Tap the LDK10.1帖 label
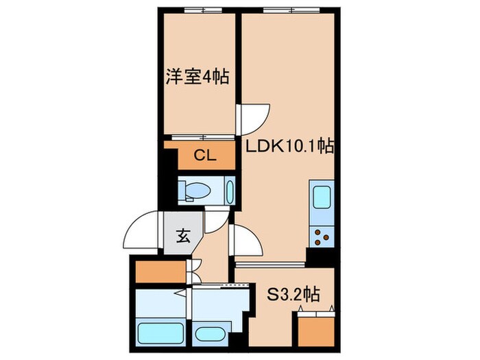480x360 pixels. [289, 145]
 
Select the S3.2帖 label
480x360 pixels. [293, 295]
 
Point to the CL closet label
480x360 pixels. [204, 156]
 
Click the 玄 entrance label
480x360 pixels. [183, 238]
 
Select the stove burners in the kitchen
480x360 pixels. [321, 237]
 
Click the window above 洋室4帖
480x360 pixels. [203, 10]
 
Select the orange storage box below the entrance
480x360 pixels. [160, 272]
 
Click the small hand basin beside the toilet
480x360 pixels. [229, 190]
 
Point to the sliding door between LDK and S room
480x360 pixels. [270, 263]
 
